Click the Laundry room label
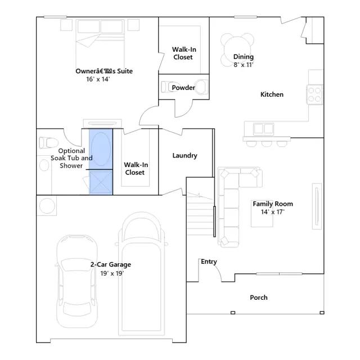click(x=184, y=155)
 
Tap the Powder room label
click(x=183, y=88)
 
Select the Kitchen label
click(x=272, y=94)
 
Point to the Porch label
click(x=259, y=298)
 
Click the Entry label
click(x=209, y=262)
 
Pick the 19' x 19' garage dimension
click(x=112, y=273)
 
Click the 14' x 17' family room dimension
click(x=272, y=211)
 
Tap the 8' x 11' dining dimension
click(x=243, y=65)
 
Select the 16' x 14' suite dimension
click(x=98, y=79)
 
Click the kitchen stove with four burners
click(x=314, y=94)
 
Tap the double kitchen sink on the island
click(x=263, y=129)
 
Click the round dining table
click(x=237, y=49)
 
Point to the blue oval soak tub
click(x=101, y=148)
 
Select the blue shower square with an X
click(x=101, y=182)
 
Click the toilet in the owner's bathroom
click(x=48, y=142)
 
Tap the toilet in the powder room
click(x=170, y=86)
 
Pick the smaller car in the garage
click(x=77, y=281)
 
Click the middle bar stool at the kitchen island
click(x=267, y=143)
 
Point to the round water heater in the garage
click(x=47, y=206)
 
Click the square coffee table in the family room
click(x=262, y=216)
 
